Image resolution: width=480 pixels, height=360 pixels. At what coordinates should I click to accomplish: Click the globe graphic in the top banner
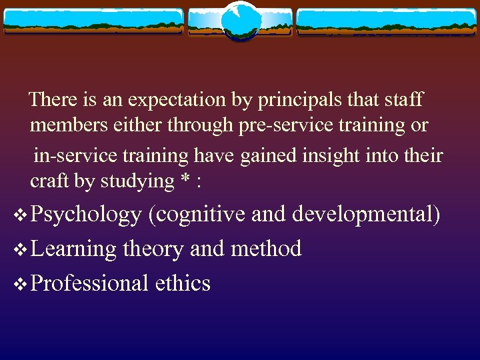(x=240, y=21)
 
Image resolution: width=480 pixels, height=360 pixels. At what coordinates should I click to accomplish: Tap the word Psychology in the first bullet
(x=86, y=215)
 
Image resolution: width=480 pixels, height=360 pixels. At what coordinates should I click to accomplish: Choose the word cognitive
(x=197, y=215)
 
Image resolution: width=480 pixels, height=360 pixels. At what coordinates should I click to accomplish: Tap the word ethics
(x=183, y=284)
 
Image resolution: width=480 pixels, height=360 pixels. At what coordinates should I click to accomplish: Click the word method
(x=266, y=249)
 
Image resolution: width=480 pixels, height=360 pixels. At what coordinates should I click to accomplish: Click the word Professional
(x=89, y=284)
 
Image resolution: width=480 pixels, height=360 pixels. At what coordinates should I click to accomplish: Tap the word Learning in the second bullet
(x=73, y=249)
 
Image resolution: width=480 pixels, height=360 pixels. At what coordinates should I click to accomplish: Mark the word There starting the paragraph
(x=53, y=100)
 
